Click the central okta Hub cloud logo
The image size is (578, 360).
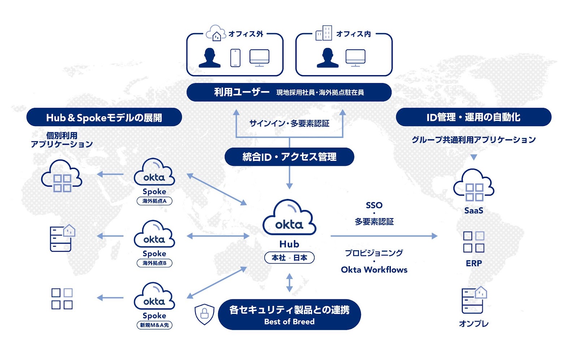(x=289, y=218)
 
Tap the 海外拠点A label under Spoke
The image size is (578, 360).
(x=154, y=201)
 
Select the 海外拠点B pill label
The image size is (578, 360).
(x=154, y=263)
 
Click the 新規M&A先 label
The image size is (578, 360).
(x=154, y=325)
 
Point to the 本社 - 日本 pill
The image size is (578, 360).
(x=289, y=258)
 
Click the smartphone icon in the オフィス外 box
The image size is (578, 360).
(x=235, y=58)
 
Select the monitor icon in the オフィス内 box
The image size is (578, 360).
(x=355, y=58)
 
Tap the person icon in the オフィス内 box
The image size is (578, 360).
(x=327, y=58)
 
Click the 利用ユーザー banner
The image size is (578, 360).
(x=289, y=92)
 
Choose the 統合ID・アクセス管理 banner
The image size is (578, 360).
(x=289, y=157)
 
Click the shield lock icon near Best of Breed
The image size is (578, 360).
(x=204, y=313)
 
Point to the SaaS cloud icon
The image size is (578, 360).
(x=474, y=186)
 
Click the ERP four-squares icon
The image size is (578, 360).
(x=474, y=242)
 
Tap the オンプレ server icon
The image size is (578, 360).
(x=474, y=300)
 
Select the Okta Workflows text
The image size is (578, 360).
(x=374, y=270)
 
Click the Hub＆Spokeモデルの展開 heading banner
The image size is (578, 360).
(x=104, y=117)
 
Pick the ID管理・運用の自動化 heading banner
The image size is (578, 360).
(x=473, y=117)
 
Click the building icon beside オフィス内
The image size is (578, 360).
(x=324, y=33)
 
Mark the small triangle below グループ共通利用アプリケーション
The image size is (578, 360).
(x=474, y=157)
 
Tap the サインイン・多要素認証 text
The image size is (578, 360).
(x=289, y=123)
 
